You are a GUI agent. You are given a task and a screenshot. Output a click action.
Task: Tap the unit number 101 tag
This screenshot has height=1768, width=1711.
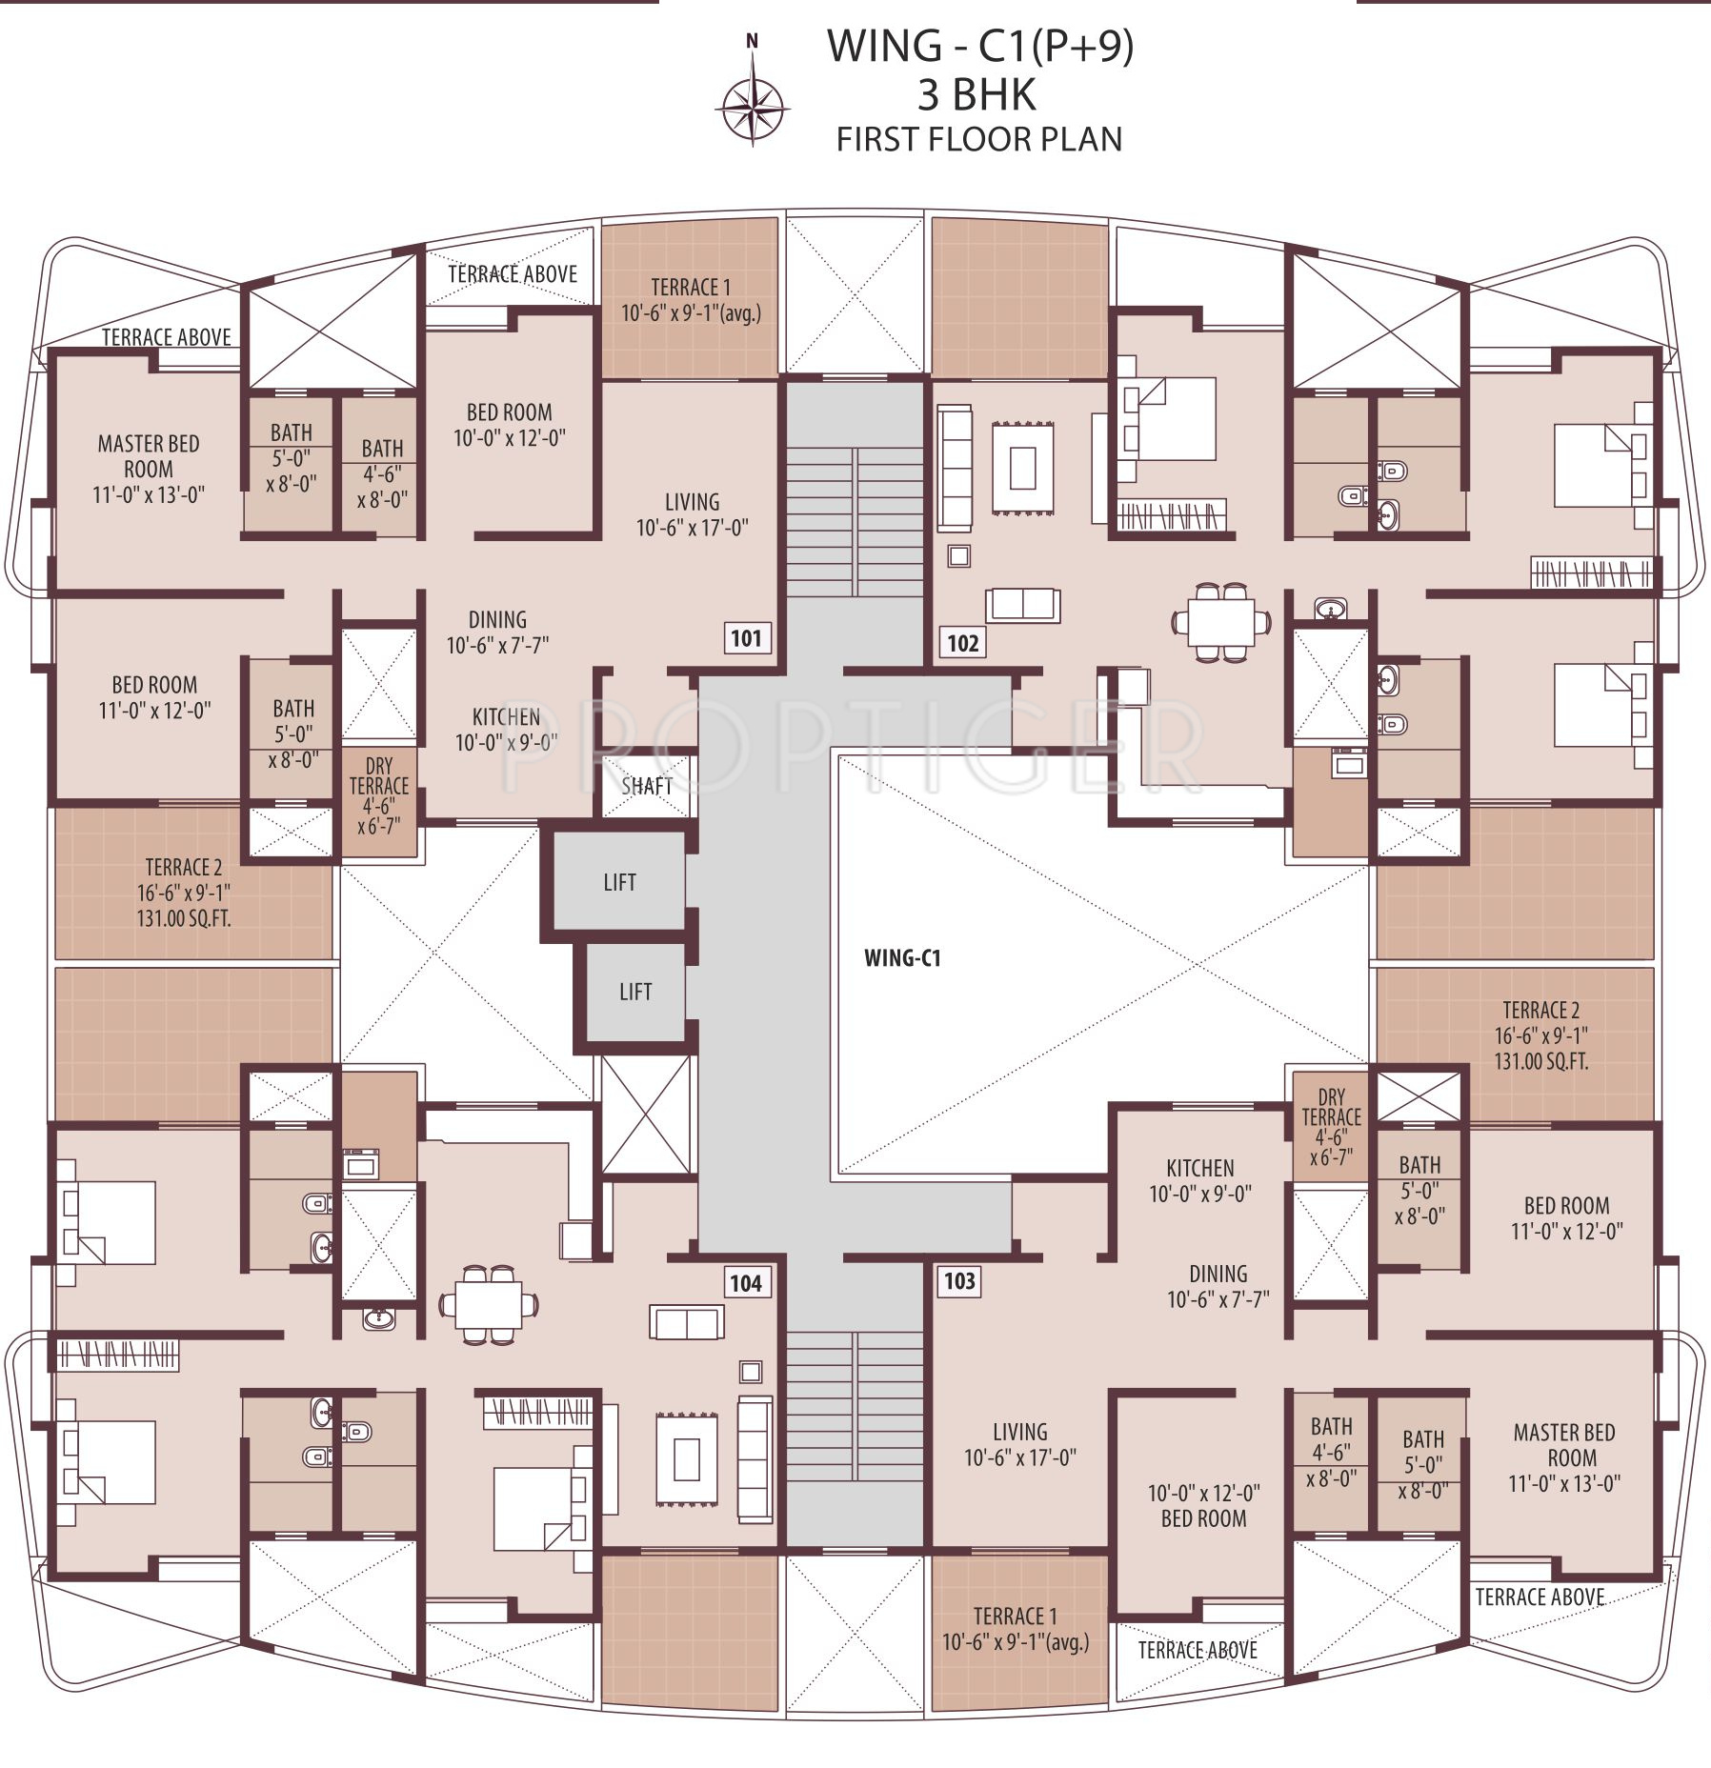point(746,638)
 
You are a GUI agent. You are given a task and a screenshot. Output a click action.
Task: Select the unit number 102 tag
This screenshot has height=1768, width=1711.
point(962,643)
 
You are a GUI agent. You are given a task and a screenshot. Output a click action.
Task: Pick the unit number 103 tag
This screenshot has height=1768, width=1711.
point(959,1281)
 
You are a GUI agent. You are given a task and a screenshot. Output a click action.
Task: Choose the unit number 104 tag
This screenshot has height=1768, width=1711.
point(745,1283)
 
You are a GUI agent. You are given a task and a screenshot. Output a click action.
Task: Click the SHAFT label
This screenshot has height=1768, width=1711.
point(647,787)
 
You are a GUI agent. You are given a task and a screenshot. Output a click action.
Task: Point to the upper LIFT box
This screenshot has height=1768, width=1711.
point(619,882)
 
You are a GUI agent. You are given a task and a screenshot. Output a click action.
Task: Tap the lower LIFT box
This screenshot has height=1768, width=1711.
point(635,992)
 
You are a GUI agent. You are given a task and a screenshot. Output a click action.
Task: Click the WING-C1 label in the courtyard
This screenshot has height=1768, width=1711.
point(902,958)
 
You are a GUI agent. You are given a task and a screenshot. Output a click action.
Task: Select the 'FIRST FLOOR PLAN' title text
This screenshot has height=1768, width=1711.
point(979,140)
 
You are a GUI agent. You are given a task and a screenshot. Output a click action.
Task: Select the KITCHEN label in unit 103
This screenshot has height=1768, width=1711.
point(1200,1168)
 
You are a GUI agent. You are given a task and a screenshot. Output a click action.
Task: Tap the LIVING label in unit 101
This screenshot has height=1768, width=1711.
point(693,502)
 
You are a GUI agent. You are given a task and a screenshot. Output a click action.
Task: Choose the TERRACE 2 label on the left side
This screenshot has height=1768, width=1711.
point(184,868)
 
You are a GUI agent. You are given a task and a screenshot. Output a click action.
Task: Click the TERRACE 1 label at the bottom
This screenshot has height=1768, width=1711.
point(1016,1617)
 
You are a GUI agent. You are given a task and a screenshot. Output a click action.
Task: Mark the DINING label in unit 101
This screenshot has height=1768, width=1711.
point(497,619)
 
